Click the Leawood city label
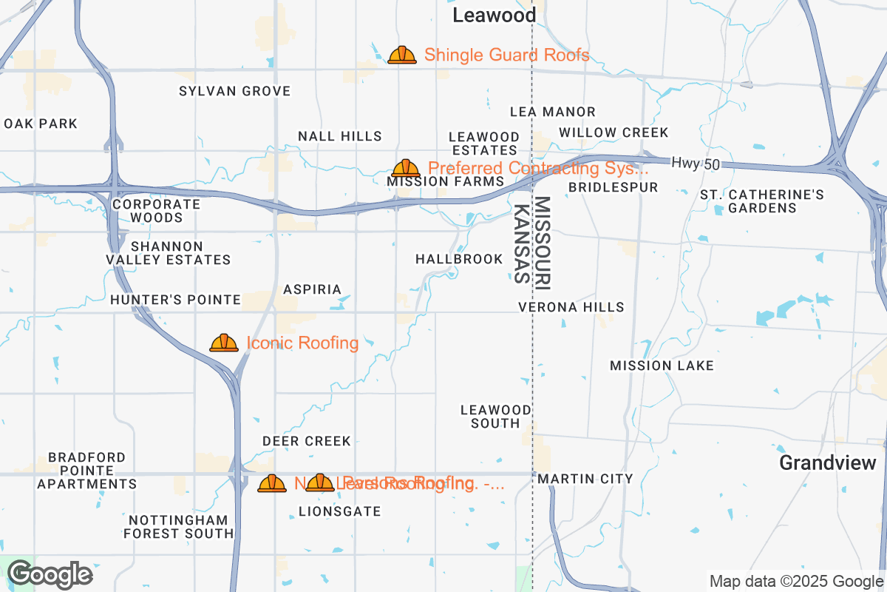494,16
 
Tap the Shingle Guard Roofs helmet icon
402,55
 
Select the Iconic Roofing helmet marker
224,343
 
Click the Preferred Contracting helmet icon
406,169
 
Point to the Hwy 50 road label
695,163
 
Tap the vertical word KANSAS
522,244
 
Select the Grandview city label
828,463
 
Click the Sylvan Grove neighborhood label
235,91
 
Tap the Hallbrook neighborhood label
459,259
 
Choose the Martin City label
585,479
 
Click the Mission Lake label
662,366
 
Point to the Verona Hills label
571,306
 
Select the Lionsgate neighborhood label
339,511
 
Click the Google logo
50,574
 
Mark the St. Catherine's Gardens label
762,201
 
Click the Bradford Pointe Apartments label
87,471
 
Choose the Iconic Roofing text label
302,343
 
